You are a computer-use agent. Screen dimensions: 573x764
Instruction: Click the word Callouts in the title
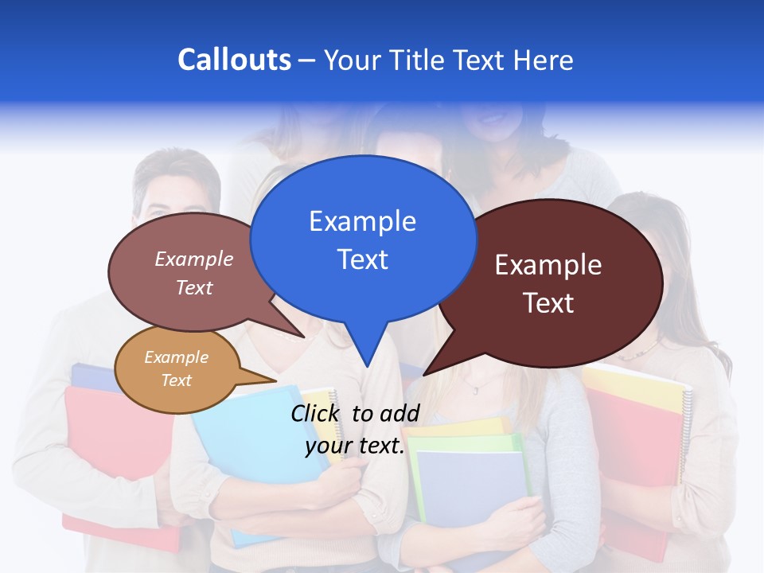[234, 60]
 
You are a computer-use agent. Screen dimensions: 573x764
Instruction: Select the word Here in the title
[543, 60]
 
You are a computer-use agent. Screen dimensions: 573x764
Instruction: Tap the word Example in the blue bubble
[362, 221]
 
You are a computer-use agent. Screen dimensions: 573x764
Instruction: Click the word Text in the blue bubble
[362, 259]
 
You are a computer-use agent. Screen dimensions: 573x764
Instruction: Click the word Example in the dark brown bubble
[548, 265]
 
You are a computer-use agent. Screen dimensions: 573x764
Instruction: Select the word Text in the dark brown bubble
[548, 303]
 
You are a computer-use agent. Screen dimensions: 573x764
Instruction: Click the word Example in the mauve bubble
[194, 259]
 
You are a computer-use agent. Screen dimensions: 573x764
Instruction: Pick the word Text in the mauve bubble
[194, 287]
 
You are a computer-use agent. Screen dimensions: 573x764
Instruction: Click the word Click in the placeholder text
[318, 413]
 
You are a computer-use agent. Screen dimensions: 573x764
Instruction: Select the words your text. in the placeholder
[355, 446]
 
